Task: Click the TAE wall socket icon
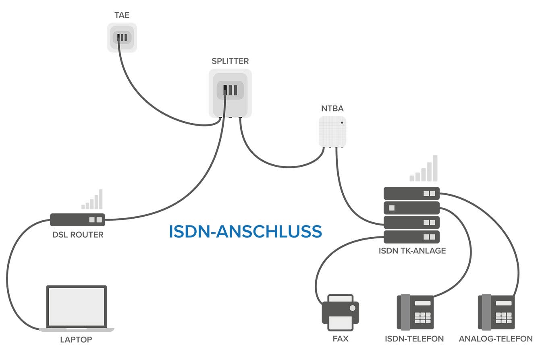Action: (122, 37)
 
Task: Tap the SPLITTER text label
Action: (230, 61)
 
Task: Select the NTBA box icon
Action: (332, 132)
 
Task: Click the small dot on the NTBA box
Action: (342, 123)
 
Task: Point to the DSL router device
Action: (78, 220)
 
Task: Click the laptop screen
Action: (77, 307)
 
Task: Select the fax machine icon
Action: (341, 312)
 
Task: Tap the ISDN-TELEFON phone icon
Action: (415, 312)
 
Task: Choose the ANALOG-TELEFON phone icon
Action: (496, 312)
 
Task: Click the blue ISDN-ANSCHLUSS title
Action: (245, 232)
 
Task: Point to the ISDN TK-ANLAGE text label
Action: (412, 251)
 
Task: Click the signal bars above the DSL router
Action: (92, 199)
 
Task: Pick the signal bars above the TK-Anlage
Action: (423, 168)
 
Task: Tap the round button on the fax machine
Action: (353, 308)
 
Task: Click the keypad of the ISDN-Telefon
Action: (423, 318)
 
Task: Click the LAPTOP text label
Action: (76, 340)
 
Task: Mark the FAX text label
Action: (341, 339)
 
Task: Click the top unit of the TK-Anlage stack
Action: (411, 193)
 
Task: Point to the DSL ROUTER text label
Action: (78, 235)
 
